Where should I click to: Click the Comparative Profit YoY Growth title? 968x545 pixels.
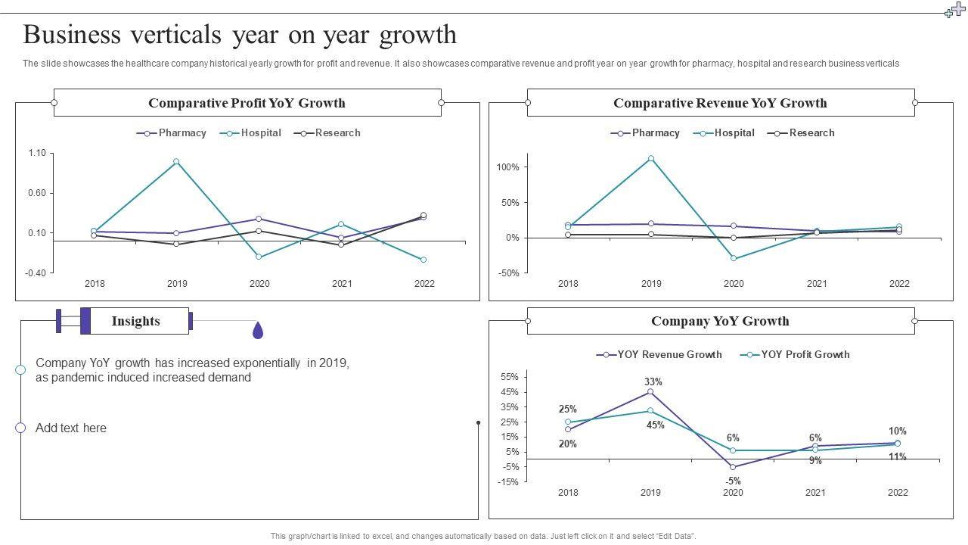coord(247,103)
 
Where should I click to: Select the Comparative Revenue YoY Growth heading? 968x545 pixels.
coord(720,103)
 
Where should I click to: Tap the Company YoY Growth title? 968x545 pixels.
coord(720,321)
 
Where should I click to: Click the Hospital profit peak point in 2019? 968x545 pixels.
coord(176,161)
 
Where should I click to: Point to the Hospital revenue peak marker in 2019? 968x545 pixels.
coord(651,159)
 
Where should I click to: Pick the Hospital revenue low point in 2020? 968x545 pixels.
coord(734,259)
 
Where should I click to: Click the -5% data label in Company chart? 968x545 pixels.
coord(733,481)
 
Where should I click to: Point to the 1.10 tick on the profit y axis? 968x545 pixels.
coord(37,153)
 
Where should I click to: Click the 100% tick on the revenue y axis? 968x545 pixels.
coord(508,167)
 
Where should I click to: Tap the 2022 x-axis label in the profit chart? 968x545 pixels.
coord(424,284)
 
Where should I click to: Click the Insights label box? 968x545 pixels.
coord(136,321)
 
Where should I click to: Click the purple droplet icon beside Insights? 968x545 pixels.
coord(258,330)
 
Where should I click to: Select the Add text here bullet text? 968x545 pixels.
coord(71,428)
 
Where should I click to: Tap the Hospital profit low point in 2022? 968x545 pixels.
coord(423,260)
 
